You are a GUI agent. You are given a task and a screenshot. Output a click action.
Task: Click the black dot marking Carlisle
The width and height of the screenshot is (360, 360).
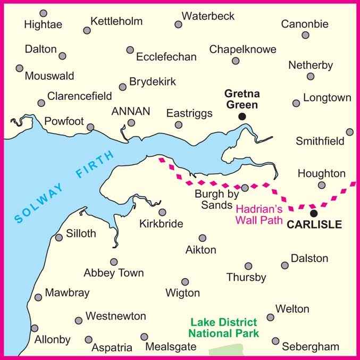click(x=314, y=213)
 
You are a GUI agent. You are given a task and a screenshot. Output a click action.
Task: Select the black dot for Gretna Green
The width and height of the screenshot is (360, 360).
click(x=242, y=116)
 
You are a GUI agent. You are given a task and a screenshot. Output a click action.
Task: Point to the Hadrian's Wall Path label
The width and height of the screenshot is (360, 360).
click(x=259, y=215)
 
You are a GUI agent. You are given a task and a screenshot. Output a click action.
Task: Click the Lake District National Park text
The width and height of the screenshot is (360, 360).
click(x=224, y=328)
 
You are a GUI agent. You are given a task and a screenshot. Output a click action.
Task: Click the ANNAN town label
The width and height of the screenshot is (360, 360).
click(x=130, y=111)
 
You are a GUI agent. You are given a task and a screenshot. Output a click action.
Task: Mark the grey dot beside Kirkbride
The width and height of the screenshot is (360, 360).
click(x=162, y=212)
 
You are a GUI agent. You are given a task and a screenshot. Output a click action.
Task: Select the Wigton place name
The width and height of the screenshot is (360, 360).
click(x=182, y=293)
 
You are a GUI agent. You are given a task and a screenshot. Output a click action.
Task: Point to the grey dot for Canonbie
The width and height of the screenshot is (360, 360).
click(x=305, y=35)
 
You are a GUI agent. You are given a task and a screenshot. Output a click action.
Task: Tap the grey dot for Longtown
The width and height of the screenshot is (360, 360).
click(x=296, y=103)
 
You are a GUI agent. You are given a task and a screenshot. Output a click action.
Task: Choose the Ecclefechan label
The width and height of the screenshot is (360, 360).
click(x=166, y=56)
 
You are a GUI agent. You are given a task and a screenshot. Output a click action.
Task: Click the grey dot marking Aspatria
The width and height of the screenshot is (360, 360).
click(x=88, y=339)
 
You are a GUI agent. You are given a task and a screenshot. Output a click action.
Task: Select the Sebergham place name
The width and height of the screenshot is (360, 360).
click(x=311, y=347)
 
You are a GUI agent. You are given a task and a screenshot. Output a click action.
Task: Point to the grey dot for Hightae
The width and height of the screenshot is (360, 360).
click(x=44, y=13)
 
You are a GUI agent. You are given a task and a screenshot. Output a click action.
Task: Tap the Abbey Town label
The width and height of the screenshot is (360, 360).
click(x=114, y=273)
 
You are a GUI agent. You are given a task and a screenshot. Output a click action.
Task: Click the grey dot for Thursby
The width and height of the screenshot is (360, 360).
click(x=248, y=266)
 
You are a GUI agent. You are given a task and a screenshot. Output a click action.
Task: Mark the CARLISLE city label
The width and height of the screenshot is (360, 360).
click(x=314, y=225)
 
